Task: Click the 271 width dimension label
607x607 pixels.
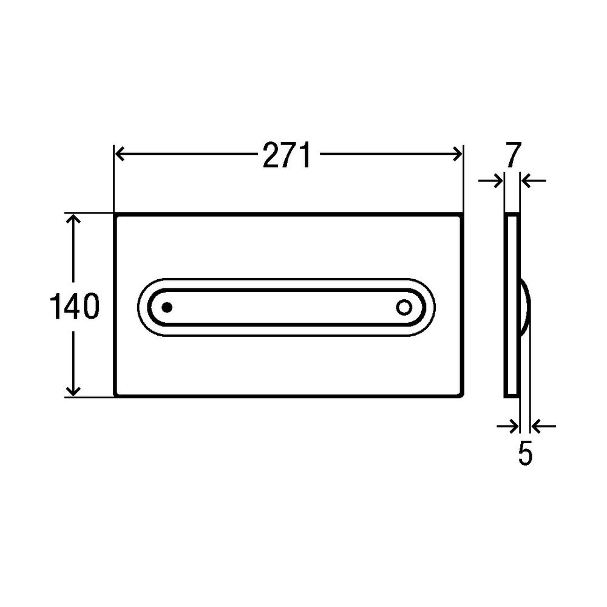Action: pyautogui.click(x=287, y=155)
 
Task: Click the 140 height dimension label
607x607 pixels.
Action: pyautogui.click(x=75, y=306)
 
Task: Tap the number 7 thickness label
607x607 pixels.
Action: pyautogui.click(x=514, y=155)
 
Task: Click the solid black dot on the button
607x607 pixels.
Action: pyautogui.click(x=167, y=307)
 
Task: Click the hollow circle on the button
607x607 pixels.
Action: pyautogui.click(x=404, y=307)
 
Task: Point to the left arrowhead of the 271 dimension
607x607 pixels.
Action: pyautogui.click(x=119, y=154)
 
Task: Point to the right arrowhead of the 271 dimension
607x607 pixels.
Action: pyautogui.click(x=458, y=154)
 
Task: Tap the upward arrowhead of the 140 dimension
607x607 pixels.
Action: pyautogui.click(x=73, y=219)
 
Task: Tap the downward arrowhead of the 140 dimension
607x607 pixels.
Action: pyautogui.click(x=73, y=390)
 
